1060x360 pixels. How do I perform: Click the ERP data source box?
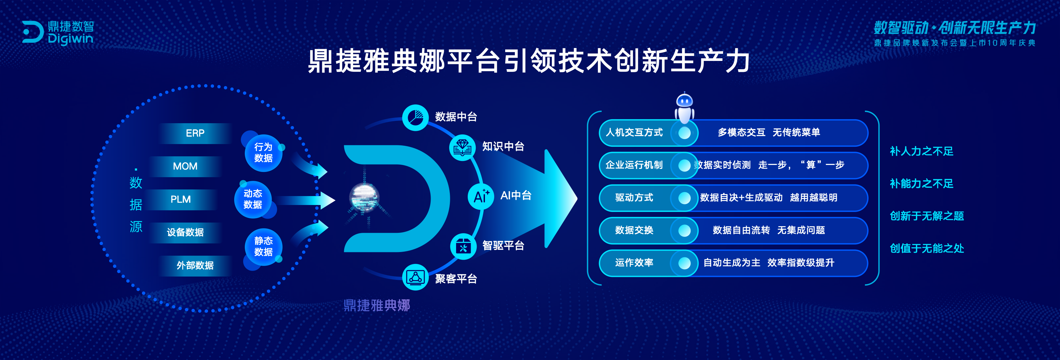pyautogui.click(x=195, y=133)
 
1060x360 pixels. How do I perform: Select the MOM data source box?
pyautogui.click(x=185, y=166)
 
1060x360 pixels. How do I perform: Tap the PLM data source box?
pyautogui.click(x=181, y=200)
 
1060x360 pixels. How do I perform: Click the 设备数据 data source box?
pyautogui.click(x=185, y=232)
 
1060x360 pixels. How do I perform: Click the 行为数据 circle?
pyautogui.click(x=263, y=153)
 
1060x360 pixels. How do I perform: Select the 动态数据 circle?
pyautogui.click(x=253, y=199)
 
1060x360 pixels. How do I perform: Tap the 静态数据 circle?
pyautogui.click(x=263, y=246)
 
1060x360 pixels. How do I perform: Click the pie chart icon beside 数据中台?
pyautogui.click(x=415, y=118)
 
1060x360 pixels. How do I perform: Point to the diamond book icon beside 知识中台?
pyautogui.click(x=462, y=147)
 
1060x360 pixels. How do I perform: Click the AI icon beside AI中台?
pyautogui.click(x=481, y=196)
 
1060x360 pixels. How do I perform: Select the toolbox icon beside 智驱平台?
pyautogui.click(x=463, y=246)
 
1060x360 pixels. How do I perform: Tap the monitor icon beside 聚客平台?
pyautogui.click(x=415, y=277)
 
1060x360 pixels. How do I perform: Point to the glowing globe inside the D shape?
pyautogui.click(x=364, y=198)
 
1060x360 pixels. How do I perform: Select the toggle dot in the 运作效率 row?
pyautogui.click(x=684, y=263)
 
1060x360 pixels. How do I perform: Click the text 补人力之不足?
pyautogui.click(x=921, y=151)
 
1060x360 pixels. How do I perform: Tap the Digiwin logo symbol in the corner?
pyautogui.click(x=33, y=32)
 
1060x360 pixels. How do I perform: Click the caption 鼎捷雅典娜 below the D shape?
pyautogui.click(x=377, y=305)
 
